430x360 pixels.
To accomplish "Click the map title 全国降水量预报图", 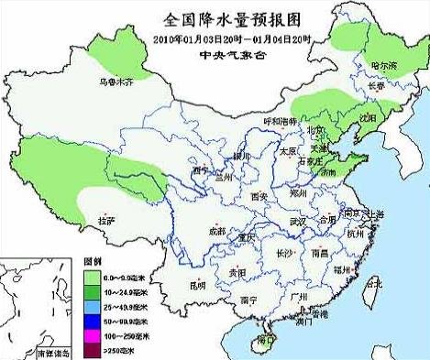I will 233,18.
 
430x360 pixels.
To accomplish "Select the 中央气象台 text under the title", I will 233,54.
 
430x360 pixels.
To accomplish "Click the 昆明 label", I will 198,285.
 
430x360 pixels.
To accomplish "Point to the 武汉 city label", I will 296,222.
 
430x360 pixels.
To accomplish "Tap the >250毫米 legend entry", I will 115,351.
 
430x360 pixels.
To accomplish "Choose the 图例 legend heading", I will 93,260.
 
